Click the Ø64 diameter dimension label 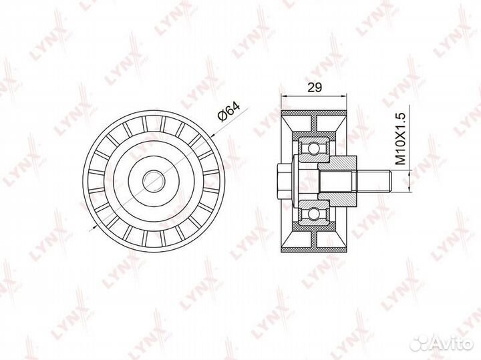pyautogui.click(x=228, y=112)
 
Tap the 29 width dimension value pyautogui.click(x=315, y=87)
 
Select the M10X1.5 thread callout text pyautogui.click(x=401, y=139)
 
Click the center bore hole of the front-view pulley pyautogui.click(x=154, y=181)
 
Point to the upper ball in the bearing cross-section pyautogui.click(x=314, y=149)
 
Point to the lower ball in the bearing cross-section pyautogui.click(x=314, y=213)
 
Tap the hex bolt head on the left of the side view pyautogui.click(x=283, y=181)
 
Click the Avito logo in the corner pyautogui.click(x=442, y=343)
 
